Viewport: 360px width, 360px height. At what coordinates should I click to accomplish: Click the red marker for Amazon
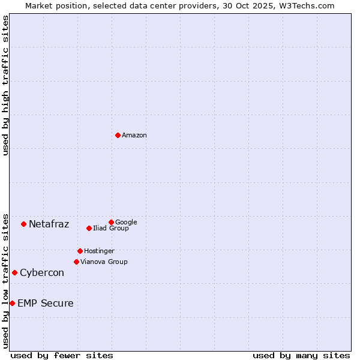coord(118,135)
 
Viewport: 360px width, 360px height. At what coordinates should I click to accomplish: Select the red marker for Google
coord(111,222)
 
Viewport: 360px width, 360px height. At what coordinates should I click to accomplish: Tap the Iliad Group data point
coord(89,228)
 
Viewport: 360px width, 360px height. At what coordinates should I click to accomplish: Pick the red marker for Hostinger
coord(80,251)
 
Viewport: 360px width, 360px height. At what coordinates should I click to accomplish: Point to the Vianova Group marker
coord(76,262)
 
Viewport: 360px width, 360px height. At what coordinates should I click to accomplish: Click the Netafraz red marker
coord(23,224)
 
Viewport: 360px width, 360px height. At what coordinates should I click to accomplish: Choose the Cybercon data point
coord(14,272)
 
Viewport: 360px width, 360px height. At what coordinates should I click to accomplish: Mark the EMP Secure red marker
coord(12,303)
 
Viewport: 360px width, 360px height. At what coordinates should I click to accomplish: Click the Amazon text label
coord(134,136)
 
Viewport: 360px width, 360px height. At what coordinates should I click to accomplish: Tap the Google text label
coord(126,222)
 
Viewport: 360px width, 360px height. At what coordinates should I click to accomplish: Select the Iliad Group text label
coord(111,228)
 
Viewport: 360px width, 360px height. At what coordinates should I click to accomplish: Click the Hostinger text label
coord(99,251)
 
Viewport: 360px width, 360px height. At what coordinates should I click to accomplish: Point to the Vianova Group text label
coord(104,262)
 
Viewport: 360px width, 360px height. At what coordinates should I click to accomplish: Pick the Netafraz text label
coord(49,224)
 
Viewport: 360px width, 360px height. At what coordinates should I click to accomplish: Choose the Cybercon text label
coord(42,273)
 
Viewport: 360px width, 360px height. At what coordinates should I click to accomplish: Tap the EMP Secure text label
coord(46,304)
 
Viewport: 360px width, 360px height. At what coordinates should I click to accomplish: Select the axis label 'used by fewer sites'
coord(62,355)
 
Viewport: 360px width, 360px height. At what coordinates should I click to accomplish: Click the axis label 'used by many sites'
coord(301,355)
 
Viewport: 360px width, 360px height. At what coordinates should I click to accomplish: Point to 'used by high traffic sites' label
coord(5,85)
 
